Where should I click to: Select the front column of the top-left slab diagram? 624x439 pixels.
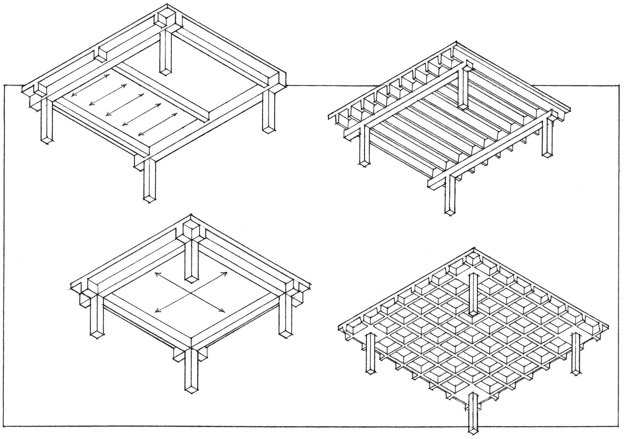[x=150, y=180]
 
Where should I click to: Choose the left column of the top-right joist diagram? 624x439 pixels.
[x=364, y=146]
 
